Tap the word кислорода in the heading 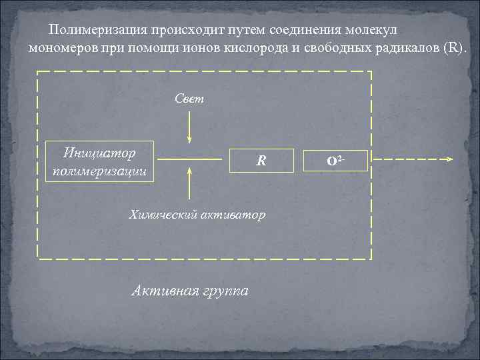coord(265,49)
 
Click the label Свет coord(189,99)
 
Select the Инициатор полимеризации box coord(99,161)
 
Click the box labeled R coord(262,161)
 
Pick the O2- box coord(335,161)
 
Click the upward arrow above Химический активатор coord(190,183)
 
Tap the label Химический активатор coord(197,215)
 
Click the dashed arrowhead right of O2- coord(449,160)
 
